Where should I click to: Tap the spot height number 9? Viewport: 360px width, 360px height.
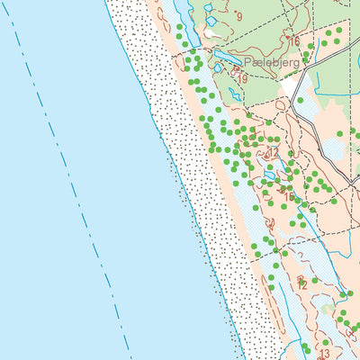point(239,15)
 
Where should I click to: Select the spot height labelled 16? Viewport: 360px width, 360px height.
point(293,41)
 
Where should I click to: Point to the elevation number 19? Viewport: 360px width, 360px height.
point(242,79)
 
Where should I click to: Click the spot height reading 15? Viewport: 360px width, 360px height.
point(289,196)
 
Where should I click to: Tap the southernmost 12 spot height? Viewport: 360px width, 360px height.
point(301,284)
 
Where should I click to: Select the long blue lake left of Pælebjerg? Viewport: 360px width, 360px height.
point(220,61)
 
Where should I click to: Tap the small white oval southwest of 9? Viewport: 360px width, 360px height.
point(211,34)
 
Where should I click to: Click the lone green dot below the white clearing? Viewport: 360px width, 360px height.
point(301,101)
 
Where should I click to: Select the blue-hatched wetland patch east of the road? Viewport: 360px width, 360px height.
point(334,148)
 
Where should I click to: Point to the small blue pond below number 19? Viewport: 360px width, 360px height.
point(235,93)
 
